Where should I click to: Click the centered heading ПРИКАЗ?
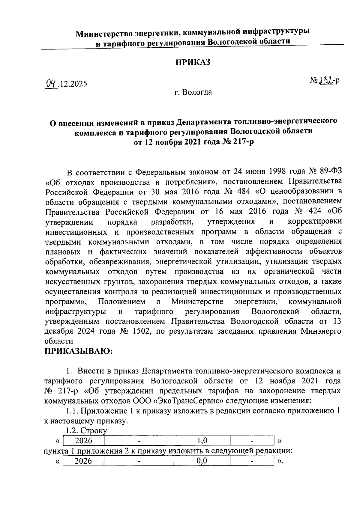(193, 62)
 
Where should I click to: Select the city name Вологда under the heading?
(197, 92)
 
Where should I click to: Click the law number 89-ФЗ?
(330, 172)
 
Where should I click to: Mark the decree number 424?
(311, 211)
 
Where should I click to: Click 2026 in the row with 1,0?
(83, 440)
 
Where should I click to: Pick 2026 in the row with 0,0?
(83, 460)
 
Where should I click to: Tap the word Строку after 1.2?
(93, 431)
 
